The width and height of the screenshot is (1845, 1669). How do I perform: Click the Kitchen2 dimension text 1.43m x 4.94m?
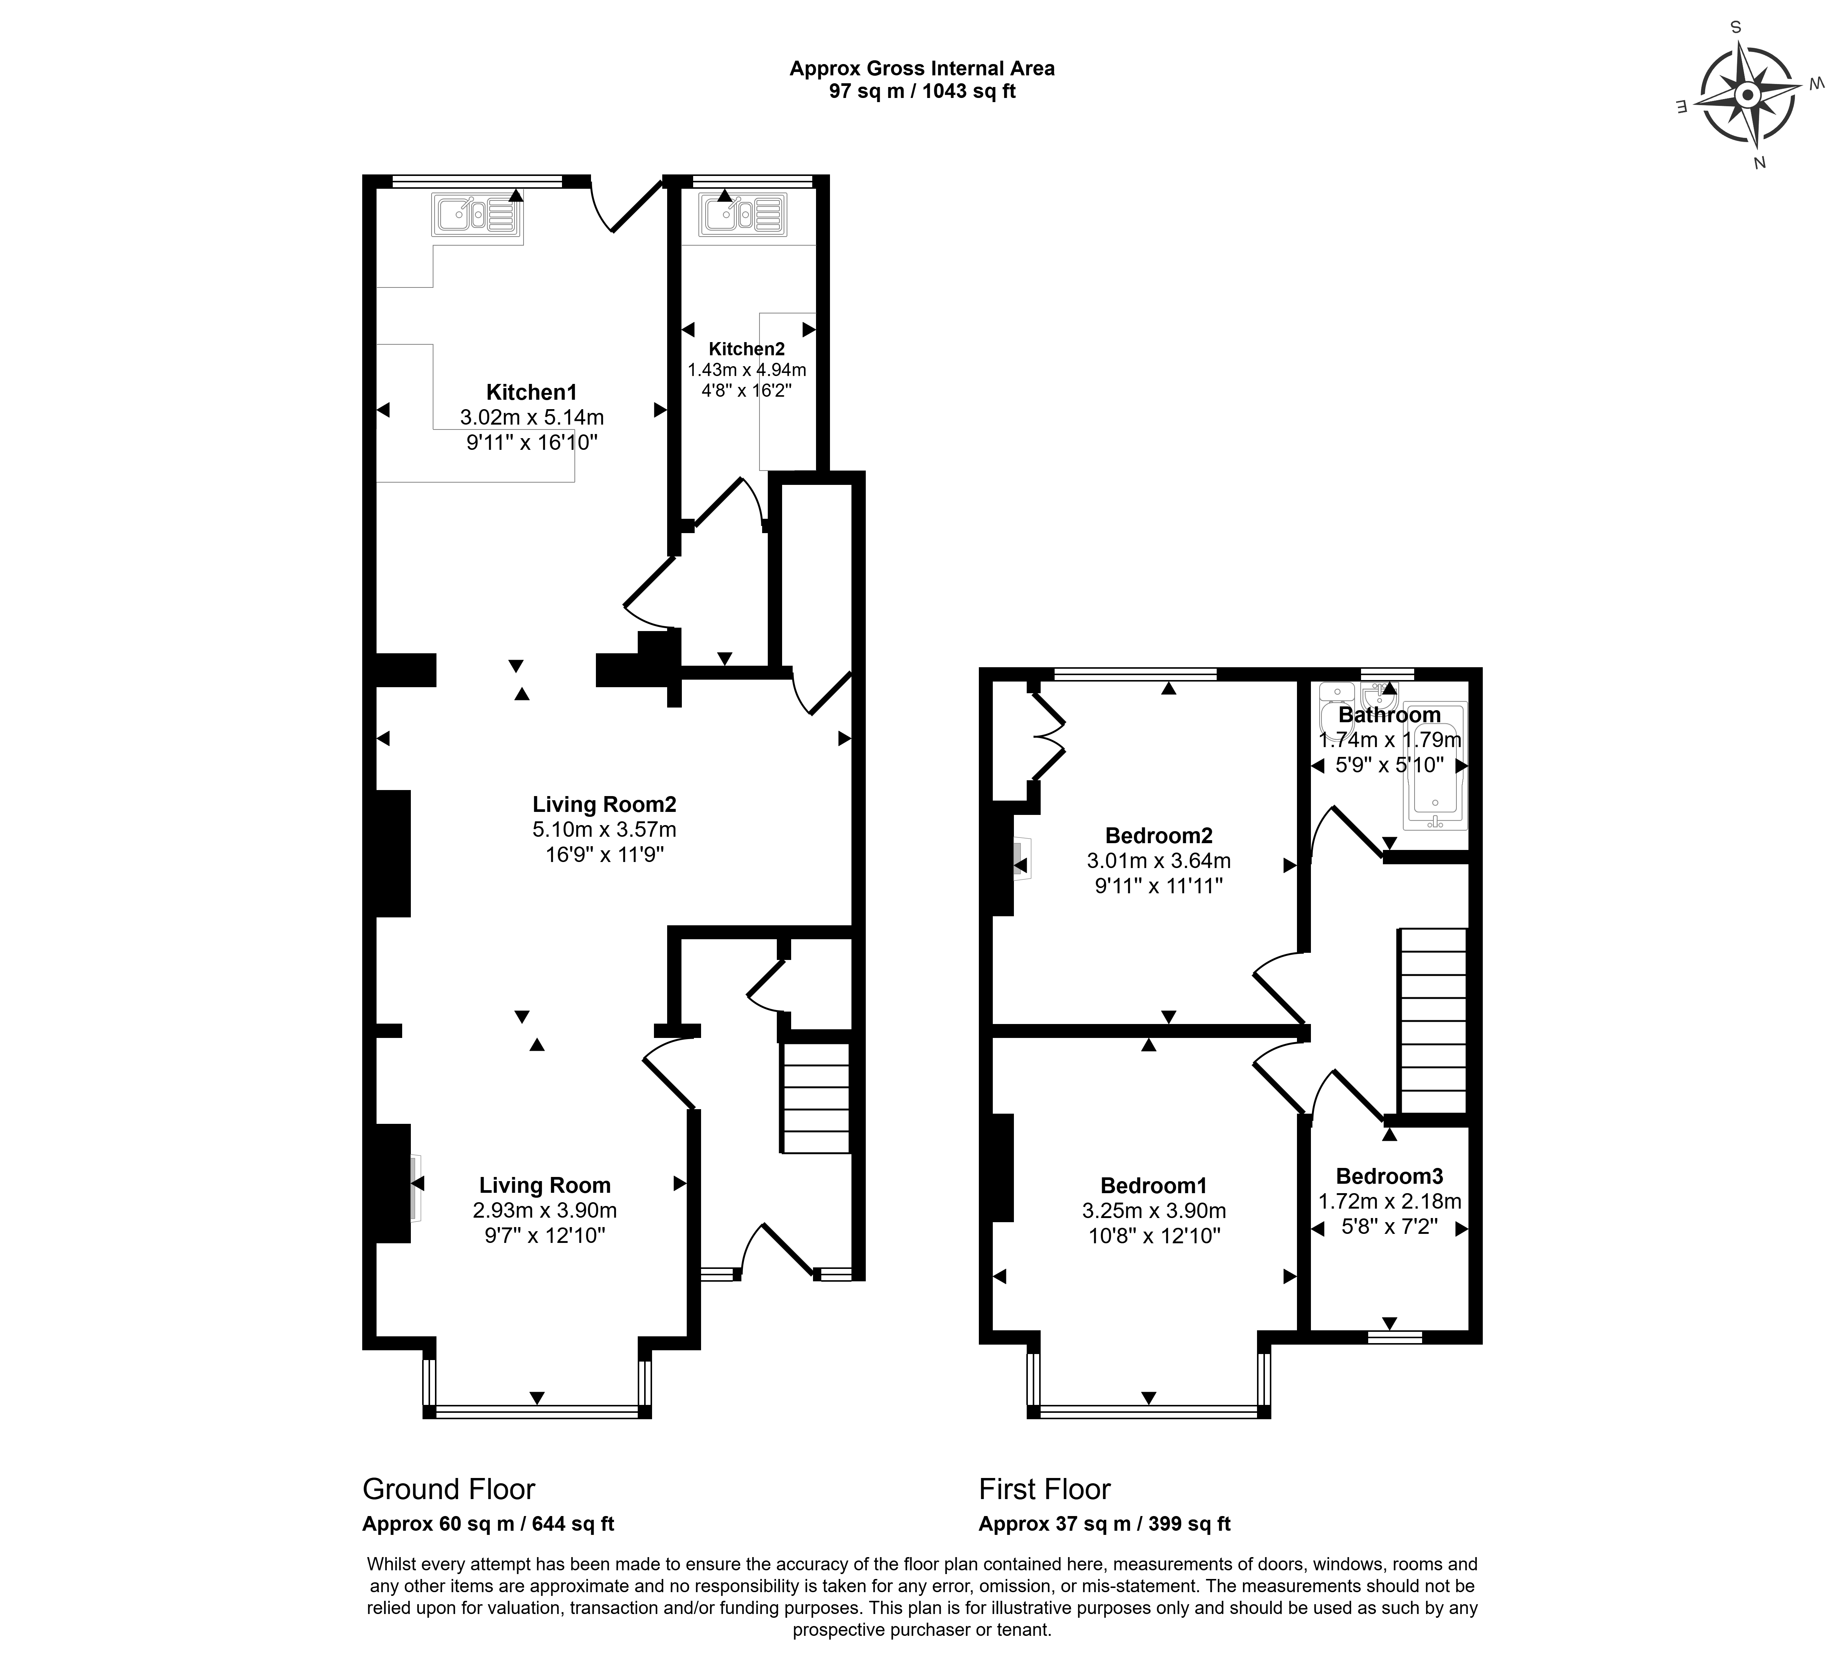tap(747, 371)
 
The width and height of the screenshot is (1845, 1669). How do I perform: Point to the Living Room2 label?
tap(604, 804)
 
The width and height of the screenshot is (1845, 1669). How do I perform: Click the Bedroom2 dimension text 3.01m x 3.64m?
tap(1159, 861)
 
